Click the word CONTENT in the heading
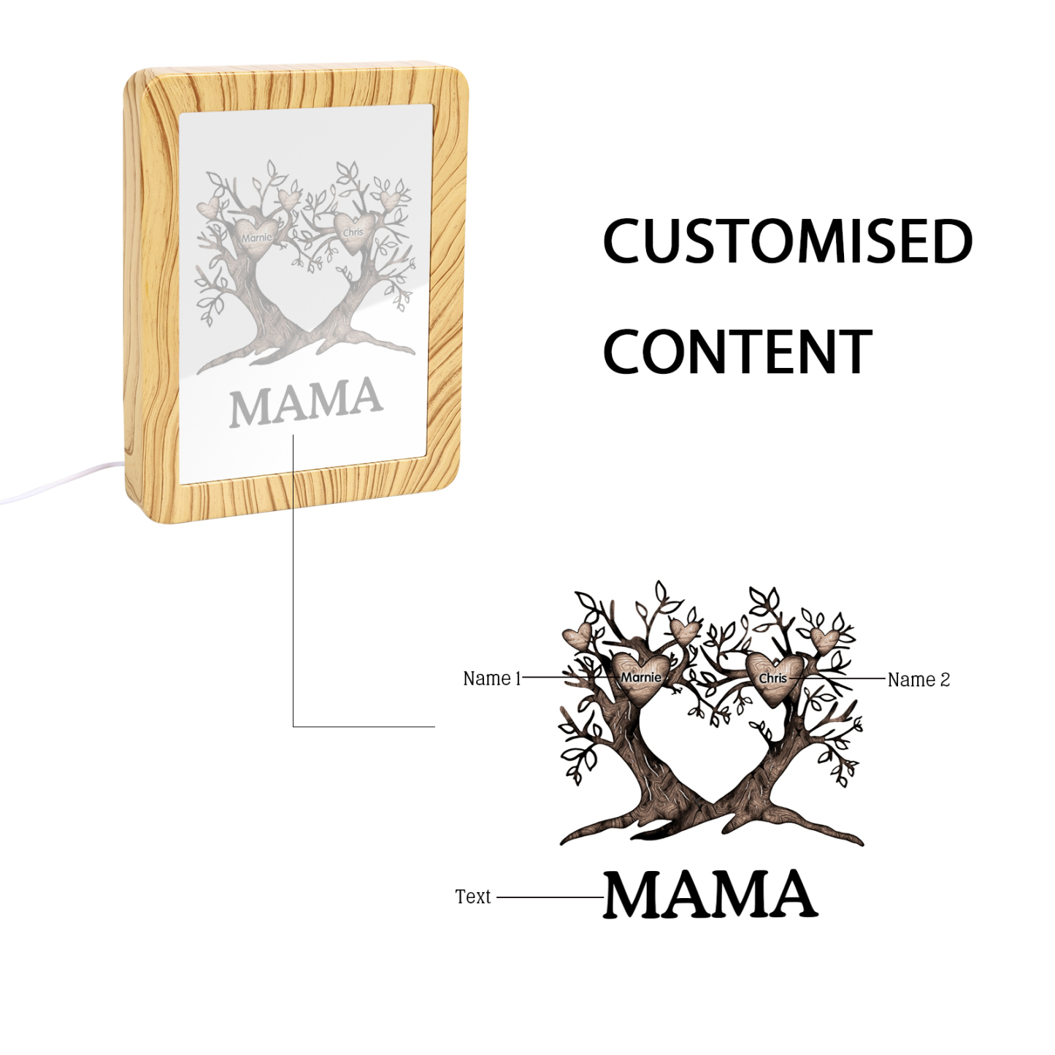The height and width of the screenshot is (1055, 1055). click(737, 352)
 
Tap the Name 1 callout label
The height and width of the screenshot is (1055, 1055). click(492, 678)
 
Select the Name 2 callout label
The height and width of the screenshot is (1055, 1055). click(918, 680)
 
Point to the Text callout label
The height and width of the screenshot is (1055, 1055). click(472, 897)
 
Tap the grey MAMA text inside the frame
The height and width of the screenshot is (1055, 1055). click(306, 402)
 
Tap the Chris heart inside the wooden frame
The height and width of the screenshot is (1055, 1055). click(354, 232)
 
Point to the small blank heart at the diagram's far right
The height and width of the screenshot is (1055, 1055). click(826, 640)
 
